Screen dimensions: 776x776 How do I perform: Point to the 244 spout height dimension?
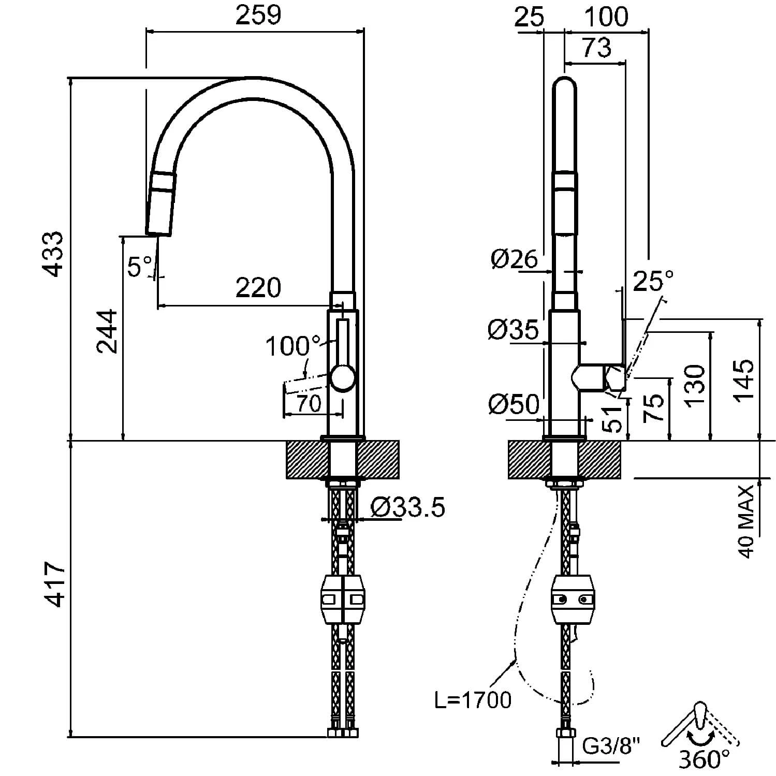(x=107, y=331)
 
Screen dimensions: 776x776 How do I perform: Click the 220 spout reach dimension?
(x=258, y=287)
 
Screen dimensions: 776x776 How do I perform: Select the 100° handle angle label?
(x=293, y=346)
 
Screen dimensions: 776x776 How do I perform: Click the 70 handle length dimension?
(x=310, y=403)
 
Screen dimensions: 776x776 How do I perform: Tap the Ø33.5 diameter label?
(x=408, y=507)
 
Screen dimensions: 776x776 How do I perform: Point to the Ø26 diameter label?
(x=515, y=258)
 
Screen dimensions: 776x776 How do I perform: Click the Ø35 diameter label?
(x=514, y=329)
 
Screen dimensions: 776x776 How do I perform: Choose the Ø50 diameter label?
(x=514, y=404)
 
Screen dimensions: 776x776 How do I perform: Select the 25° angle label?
(x=653, y=282)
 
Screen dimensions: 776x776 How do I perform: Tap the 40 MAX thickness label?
(x=746, y=521)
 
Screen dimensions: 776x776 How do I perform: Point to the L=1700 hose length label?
(x=473, y=700)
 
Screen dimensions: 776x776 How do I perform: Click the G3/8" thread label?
(x=611, y=746)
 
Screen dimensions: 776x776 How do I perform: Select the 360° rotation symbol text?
(x=704, y=759)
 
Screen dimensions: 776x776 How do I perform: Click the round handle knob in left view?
(x=343, y=378)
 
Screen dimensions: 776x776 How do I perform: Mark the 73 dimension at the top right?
(x=597, y=48)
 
